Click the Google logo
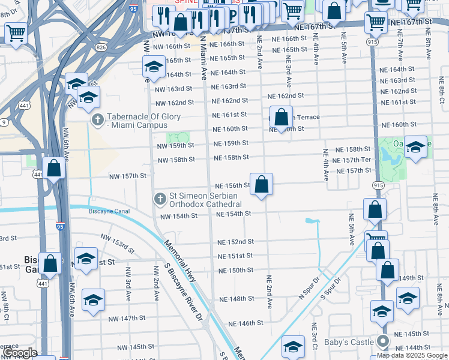coord(19,353)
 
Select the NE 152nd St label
coord(235,242)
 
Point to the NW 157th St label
coord(128,176)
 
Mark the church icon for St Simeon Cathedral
coord(160,199)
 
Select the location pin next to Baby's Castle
coord(383,342)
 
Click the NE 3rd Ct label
coord(314,334)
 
